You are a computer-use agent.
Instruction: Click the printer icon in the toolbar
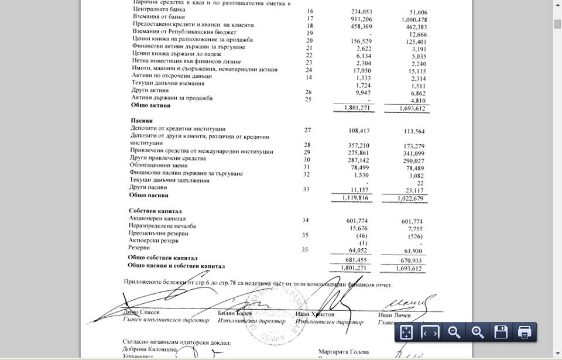coord(525,332)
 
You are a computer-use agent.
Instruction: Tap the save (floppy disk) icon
coord(501,332)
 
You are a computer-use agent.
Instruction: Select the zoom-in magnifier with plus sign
coord(478,332)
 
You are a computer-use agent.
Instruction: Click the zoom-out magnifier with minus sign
coord(454,332)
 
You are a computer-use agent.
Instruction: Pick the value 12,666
coord(415,33)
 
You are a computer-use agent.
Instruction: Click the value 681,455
coord(361,259)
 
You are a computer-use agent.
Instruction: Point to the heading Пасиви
coord(141,120)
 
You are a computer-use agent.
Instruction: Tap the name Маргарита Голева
coord(344,352)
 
